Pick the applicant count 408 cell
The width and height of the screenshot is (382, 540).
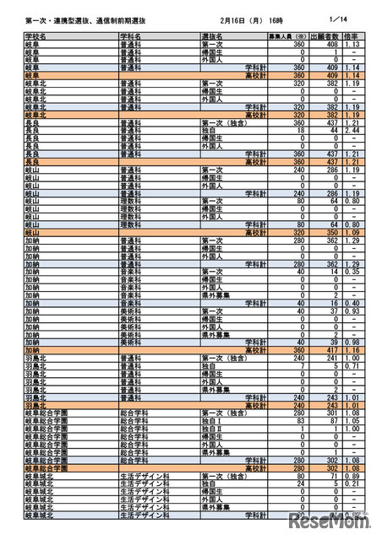tap(330, 45)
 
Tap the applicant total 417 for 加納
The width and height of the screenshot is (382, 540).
tap(330, 348)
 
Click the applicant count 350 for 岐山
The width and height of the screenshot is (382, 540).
tap(330, 231)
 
